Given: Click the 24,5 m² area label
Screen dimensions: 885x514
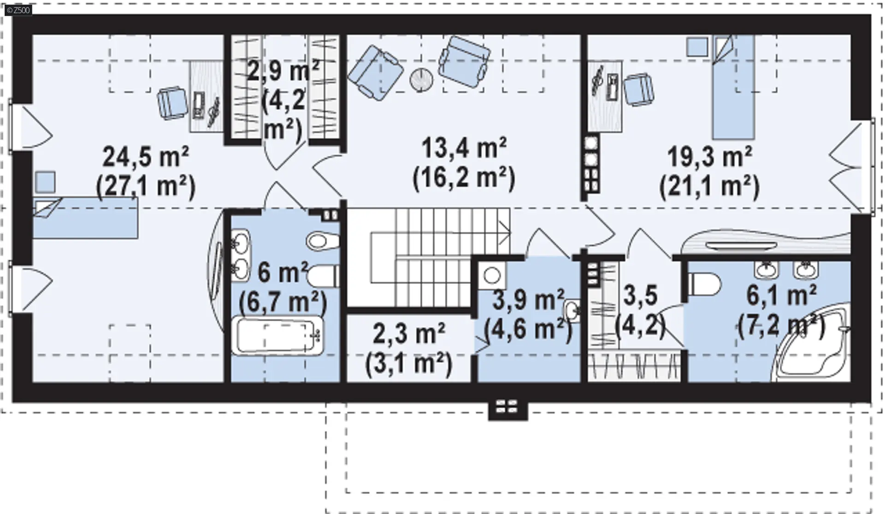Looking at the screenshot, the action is pyautogui.click(x=146, y=158).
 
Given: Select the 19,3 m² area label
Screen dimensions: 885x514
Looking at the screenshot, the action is pyautogui.click(x=710, y=158).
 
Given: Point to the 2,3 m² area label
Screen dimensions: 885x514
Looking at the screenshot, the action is pyautogui.click(x=409, y=334).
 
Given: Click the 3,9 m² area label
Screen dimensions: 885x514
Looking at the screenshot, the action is pyautogui.click(x=528, y=300).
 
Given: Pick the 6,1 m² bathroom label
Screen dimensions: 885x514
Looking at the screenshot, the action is pyautogui.click(x=781, y=296).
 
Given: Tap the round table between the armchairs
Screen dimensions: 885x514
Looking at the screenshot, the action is pyautogui.click(x=421, y=79).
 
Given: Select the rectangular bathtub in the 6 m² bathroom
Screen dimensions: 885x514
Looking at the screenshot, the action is pyautogui.click(x=277, y=335).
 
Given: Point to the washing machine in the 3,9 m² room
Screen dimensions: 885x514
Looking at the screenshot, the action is pyautogui.click(x=492, y=276).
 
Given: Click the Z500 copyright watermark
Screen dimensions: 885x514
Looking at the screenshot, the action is pyautogui.click(x=18, y=10).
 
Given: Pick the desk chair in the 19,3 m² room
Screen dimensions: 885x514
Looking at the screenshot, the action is pyautogui.click(x=639, y=90).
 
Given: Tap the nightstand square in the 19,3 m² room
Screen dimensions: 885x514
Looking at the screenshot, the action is pyautogui.click(x=697, y=47).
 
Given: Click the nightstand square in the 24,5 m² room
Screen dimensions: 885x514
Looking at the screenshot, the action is pyautogui.click(x=45, y=182).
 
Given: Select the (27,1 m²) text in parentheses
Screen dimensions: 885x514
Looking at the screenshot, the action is pyautogui.click(x=146, y=186).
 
